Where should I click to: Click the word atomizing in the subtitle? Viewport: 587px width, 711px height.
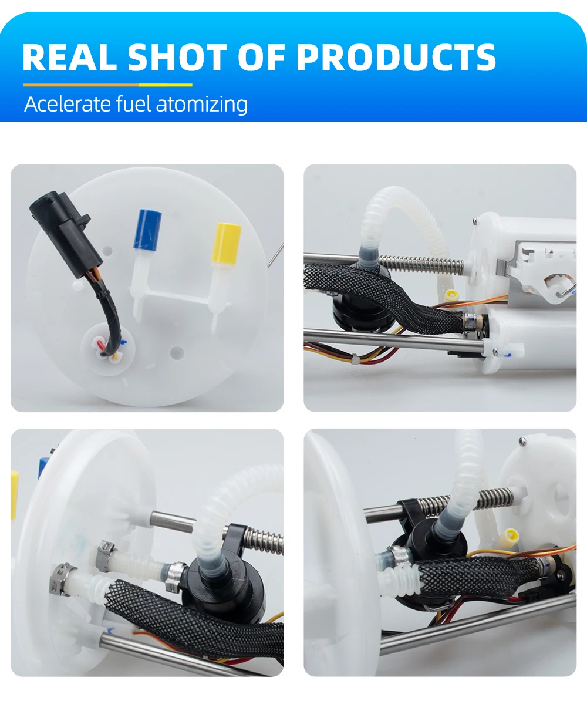[x=201, y=105]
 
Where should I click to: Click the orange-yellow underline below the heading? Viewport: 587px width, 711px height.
[x=107, y=85]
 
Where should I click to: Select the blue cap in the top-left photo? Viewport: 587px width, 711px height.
[x=147, y=229]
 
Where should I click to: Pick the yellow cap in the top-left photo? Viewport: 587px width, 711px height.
[x=226, y=243]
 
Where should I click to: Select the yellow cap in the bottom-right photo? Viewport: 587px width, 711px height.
[x=511, y=539]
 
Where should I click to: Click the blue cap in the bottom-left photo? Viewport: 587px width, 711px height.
[x=43, y=467]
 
